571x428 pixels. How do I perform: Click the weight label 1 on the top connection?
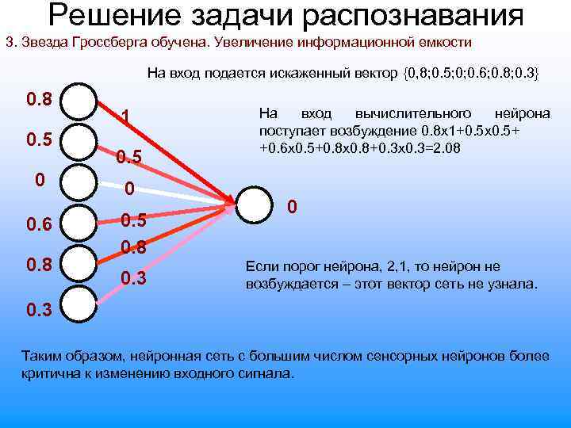click(125, 117)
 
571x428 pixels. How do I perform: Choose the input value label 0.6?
click(40, 225)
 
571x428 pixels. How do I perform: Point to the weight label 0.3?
click(132, 278)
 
